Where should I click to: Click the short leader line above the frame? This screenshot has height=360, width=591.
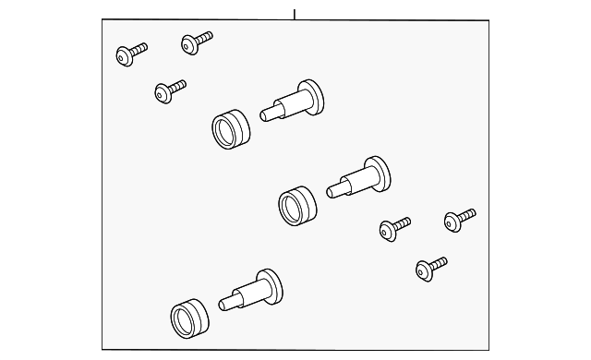click(x=295, y=13)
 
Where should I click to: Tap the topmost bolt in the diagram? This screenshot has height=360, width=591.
click(x=196, y=41)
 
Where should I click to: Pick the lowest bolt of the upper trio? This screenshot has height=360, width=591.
click(x=167, y=90)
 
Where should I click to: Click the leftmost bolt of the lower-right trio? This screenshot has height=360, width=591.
click(x=393, y=227)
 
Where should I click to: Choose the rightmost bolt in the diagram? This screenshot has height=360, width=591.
click(x=459, y=218)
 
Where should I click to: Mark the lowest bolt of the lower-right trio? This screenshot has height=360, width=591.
click(x=429, y=268)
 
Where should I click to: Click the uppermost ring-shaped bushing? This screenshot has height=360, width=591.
click(x=232, y=129)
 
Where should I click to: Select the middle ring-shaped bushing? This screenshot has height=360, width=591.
click(x=296, y=203)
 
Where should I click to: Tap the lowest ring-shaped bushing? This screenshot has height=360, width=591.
click(x=190, y=318)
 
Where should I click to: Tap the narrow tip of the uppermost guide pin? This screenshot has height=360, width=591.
click(x=268, y=113)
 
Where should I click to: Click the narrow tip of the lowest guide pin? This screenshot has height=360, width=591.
click(x=227, y=301)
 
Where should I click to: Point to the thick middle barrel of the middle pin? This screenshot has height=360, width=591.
click(x=355, y=179)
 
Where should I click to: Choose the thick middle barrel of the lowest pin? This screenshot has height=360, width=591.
click(x=247, y=293)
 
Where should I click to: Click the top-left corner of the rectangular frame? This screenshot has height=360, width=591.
click(x=102, y=21)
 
